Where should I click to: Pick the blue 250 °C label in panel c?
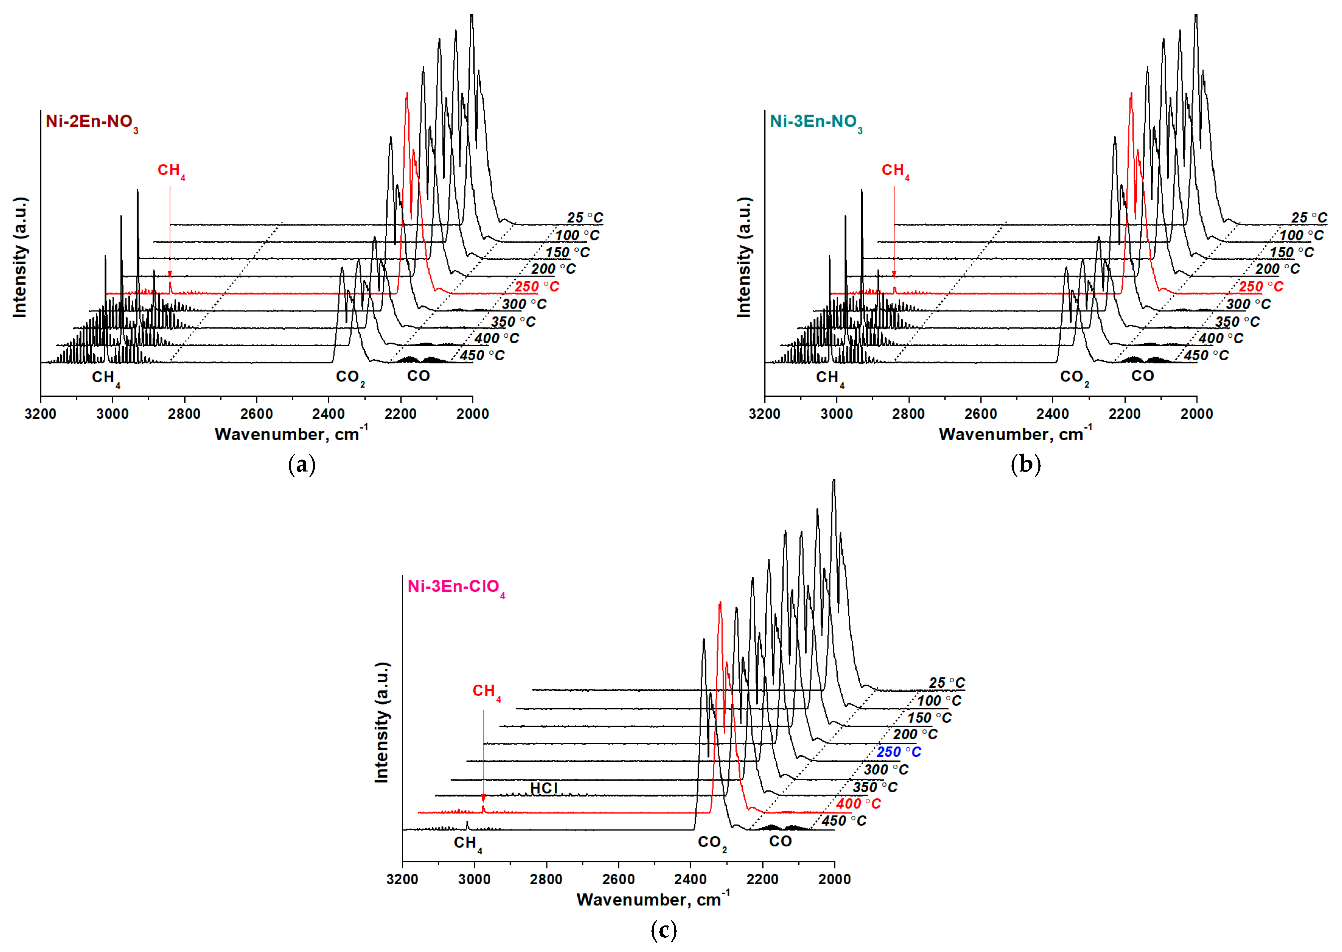pyautogui.click(x=898, y=752)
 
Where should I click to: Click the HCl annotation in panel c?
pyautogui.click(x=543, y=788)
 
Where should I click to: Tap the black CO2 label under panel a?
pyautogui.click(x=350, y=378)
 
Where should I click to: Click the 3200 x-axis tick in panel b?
pyautogui.click(x=765, y=414)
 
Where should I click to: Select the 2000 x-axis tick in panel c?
pyautogui.click(x=834, y=879)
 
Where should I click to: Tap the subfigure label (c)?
pyautogui.click(x=664, y=930)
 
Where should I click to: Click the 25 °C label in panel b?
pyautogui.click(x=1308, y=218)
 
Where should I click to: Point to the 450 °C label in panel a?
pyautogui.click(x=481, y=356)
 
